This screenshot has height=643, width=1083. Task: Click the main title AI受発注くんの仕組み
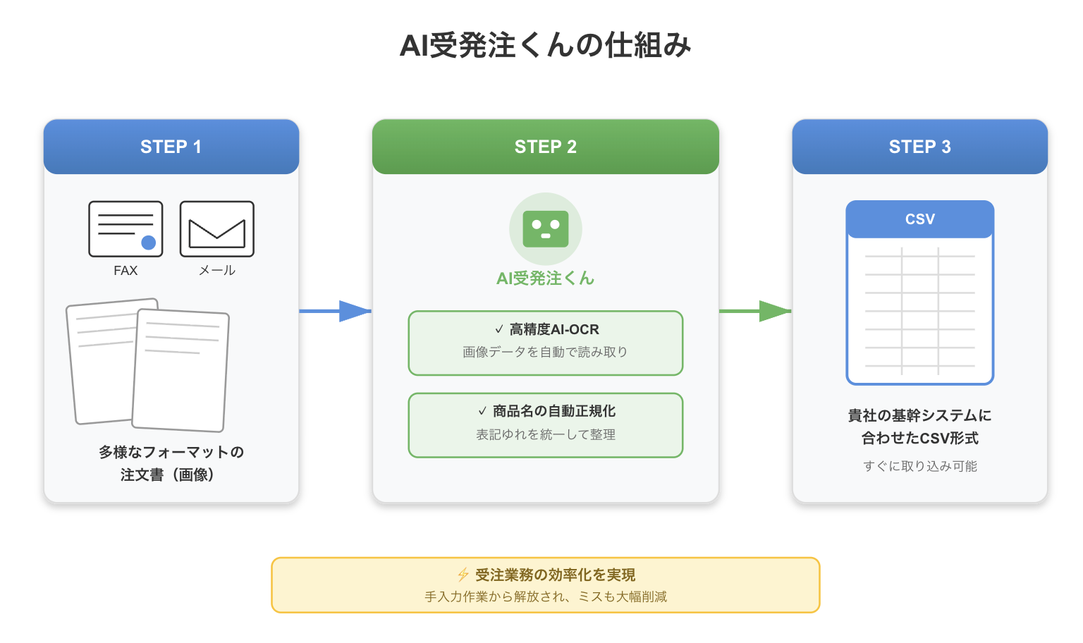tap(545, 45)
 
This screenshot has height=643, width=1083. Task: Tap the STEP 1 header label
tap(171, 147)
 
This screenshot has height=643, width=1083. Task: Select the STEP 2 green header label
tap(545, 147)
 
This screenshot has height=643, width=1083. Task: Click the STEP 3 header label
tap(919, 147)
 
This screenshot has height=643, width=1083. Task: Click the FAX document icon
tap(126, 228)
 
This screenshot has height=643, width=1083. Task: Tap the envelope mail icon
tap(216, 228)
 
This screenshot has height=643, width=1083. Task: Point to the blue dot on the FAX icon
tap(149, 243)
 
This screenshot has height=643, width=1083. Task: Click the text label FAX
tap(126, 270)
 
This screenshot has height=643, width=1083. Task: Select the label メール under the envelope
tap(216, 270)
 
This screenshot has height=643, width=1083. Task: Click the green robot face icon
tap(545, 229)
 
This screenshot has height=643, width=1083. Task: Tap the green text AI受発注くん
tap(545, 278)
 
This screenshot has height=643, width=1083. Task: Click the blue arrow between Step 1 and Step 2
tap(335, 311)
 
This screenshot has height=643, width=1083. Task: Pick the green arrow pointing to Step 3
tap(755, 311)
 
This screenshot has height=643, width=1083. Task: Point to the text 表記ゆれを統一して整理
tap(545, 434)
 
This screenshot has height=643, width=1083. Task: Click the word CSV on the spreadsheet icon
tap(919, 219)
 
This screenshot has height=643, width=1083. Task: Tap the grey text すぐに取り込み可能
tap(919, 466)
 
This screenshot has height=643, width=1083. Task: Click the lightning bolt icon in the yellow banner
tap(463, 575)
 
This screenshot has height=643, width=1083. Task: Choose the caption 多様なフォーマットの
tap(171, 452)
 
